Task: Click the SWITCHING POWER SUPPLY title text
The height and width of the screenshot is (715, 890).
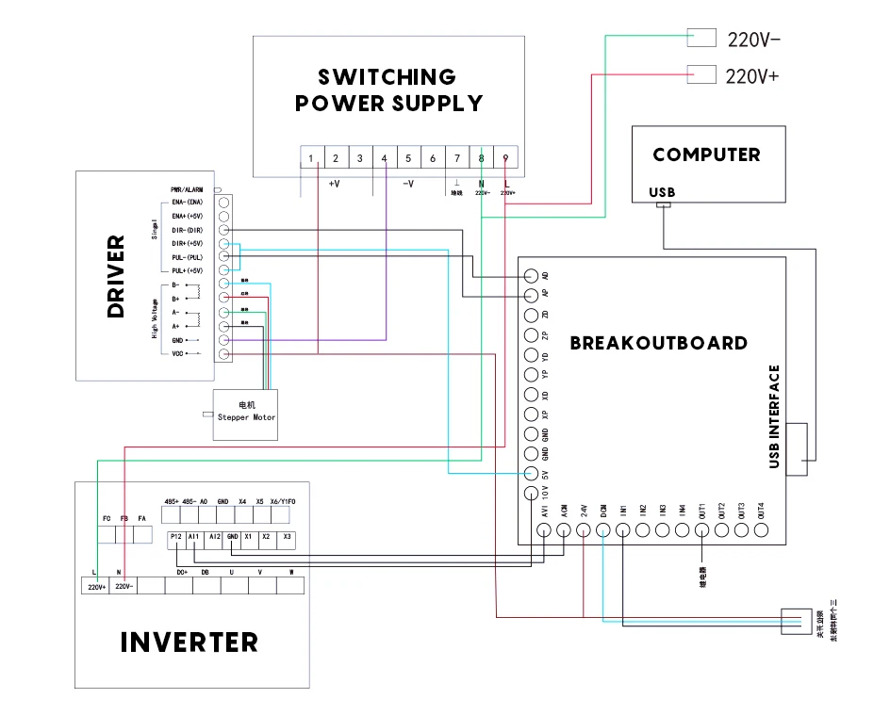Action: click(388, 90)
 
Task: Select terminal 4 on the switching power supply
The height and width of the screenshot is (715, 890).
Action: click(384, 158)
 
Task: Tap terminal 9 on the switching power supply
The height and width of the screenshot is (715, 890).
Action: click(506, 158)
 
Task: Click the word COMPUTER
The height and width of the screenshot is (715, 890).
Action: click(706, 154)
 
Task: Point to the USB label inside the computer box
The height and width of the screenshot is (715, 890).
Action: click(663, 192)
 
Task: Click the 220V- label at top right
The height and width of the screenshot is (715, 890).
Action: click(753, 40)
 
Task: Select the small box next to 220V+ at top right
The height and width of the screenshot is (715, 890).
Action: click(702, 74)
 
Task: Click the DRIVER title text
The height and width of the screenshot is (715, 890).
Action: click(116, 276)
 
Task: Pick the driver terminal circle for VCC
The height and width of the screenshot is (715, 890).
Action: click(224, 353)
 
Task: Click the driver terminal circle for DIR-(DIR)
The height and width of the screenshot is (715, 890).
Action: click(224, 230)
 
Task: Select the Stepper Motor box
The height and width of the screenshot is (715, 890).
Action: click(246, 412)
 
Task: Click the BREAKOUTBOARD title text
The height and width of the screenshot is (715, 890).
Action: click(658, 343)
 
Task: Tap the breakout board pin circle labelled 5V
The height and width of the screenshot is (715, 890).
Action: click(531, 474)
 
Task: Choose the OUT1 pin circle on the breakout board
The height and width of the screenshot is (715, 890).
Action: click(702, 530)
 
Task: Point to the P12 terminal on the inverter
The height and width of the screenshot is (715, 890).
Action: click(175, 538)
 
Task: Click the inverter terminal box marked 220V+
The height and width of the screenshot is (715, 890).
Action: click(95, 586)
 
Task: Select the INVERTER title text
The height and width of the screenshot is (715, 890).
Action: click(189, 642)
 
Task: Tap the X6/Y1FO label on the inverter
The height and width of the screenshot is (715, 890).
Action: click(283, 502)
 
